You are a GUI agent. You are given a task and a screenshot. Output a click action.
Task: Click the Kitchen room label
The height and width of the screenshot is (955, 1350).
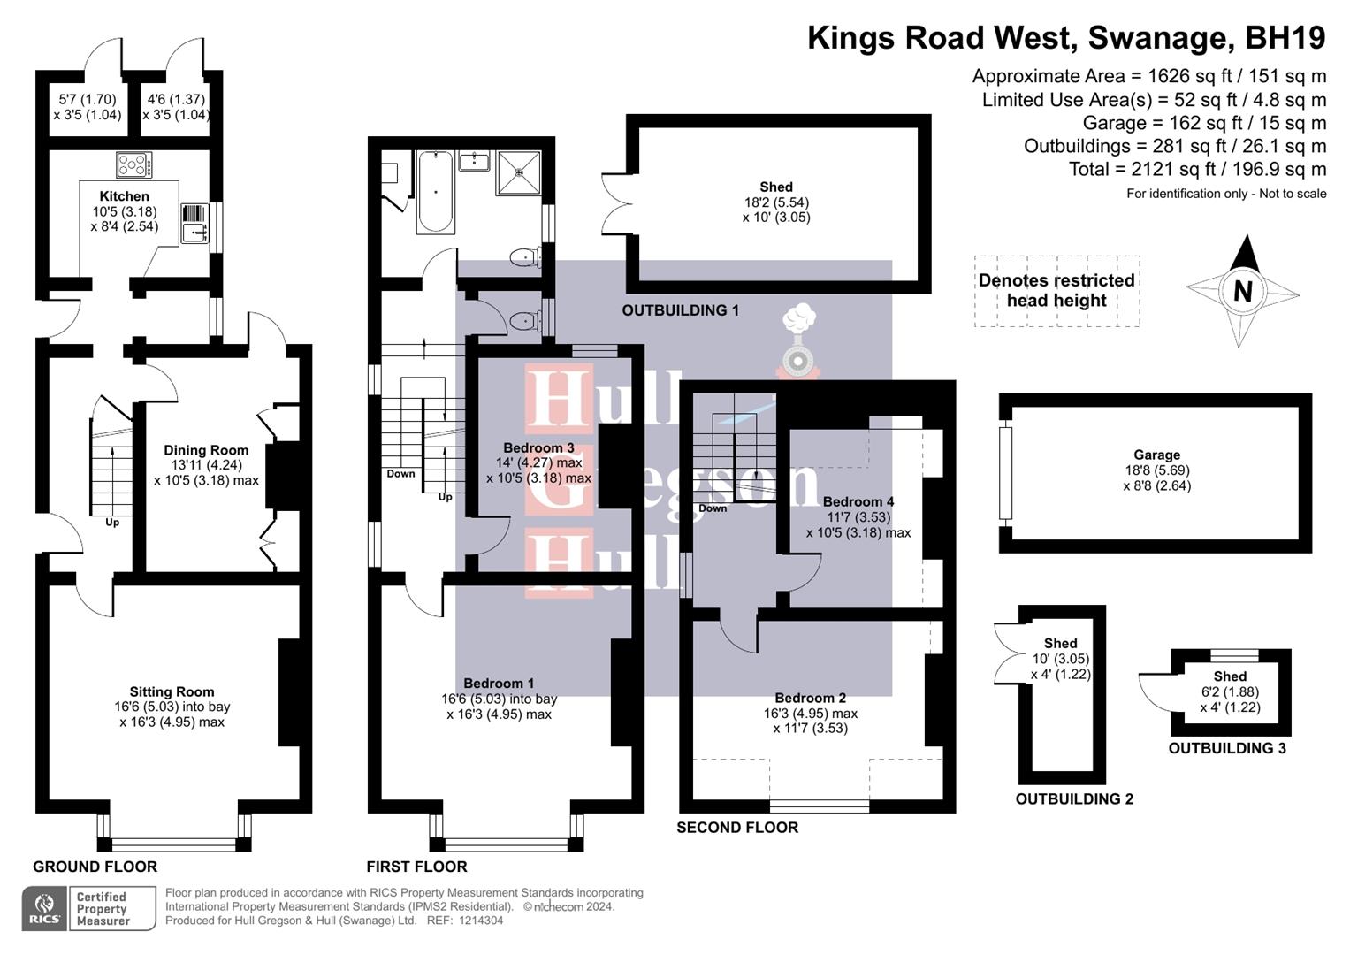[x=124, y=196]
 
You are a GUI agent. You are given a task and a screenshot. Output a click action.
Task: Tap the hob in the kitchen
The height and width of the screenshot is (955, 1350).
[x=133, y=165]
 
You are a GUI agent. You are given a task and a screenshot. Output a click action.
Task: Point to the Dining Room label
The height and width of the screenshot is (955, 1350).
[x=206, y=450]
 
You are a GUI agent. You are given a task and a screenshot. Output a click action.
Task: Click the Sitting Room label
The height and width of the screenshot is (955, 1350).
[x=172, y=691]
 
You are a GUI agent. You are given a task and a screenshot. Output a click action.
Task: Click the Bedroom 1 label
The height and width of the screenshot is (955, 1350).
[x=499, y=683]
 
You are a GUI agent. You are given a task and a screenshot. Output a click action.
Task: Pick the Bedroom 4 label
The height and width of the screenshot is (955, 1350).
[x=858, y=501]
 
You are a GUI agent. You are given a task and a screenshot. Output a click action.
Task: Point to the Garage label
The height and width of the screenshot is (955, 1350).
[x=1156, y=455]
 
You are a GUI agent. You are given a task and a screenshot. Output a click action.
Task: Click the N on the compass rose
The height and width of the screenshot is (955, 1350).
[x=1242, y=291]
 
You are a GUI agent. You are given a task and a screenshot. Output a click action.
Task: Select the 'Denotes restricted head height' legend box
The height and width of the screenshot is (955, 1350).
[x=1056, y=291]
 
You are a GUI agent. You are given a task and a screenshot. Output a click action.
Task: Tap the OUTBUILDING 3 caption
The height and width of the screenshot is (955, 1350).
[x=1227, y=748]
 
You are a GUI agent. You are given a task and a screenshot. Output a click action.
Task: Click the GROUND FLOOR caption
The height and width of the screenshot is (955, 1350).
[x=95, y=867]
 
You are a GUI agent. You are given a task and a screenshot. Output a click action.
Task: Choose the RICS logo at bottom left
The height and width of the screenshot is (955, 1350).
[x=43, y=909]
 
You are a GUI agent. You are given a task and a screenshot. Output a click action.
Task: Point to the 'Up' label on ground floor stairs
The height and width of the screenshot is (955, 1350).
[x=112, y=522]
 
